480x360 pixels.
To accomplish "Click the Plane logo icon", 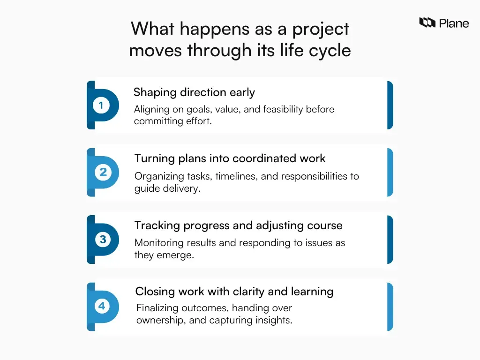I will click(x=427, y=22).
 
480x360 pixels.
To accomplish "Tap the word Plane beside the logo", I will click(x=454, y=22).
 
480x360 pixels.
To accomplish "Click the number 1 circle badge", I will click(x=101, y=105).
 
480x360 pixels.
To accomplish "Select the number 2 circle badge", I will click(x=103, y=172).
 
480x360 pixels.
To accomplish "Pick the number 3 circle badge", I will click(x=103, y=240).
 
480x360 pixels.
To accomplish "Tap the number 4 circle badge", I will click(x=102, y=307).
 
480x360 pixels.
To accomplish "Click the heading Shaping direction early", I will click(x=194, y=92).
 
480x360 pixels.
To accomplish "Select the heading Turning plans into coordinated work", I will click(x=230, y=158).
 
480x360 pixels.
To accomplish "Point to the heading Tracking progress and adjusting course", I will click(x=238, y=225).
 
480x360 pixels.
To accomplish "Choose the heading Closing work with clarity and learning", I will click(x=234, y=292).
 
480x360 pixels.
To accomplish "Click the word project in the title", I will click(x=321, y=29).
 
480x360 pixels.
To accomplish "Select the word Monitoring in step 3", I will click(x=158, y=243).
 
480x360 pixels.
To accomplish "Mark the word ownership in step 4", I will click(x=161, y=321).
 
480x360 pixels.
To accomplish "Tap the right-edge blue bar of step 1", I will click(x=390, y=105).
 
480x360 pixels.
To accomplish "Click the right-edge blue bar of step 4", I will click(x=390, y=307).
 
